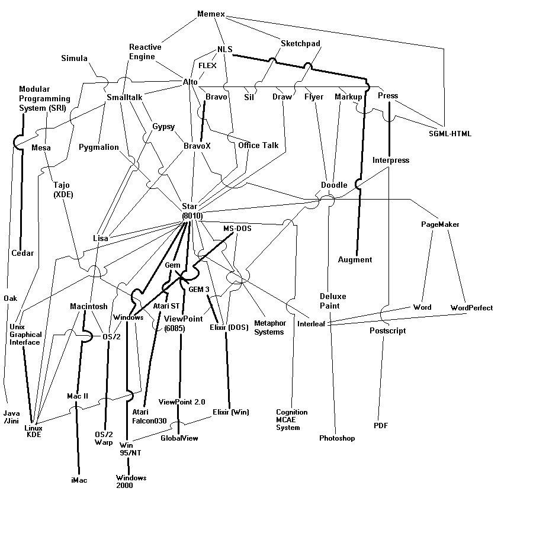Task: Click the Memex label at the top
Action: point(211,14)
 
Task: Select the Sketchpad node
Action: point(300,43)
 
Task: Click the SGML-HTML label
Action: point(450,134)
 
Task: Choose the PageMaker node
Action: point(440,224)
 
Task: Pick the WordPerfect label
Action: point(471,308)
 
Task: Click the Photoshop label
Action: point(337,438)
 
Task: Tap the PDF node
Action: point(380,426)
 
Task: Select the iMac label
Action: point(79,480)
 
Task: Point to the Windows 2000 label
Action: point(131,481)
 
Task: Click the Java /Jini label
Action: point(11,417)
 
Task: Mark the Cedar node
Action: point(23,253)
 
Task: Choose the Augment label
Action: point(355,259)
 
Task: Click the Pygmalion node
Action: point(99,147)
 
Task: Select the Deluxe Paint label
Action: point(329,301)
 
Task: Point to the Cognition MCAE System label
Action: point(292,419)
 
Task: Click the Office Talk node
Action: point(258,145)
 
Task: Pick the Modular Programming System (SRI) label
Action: point(44,98)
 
